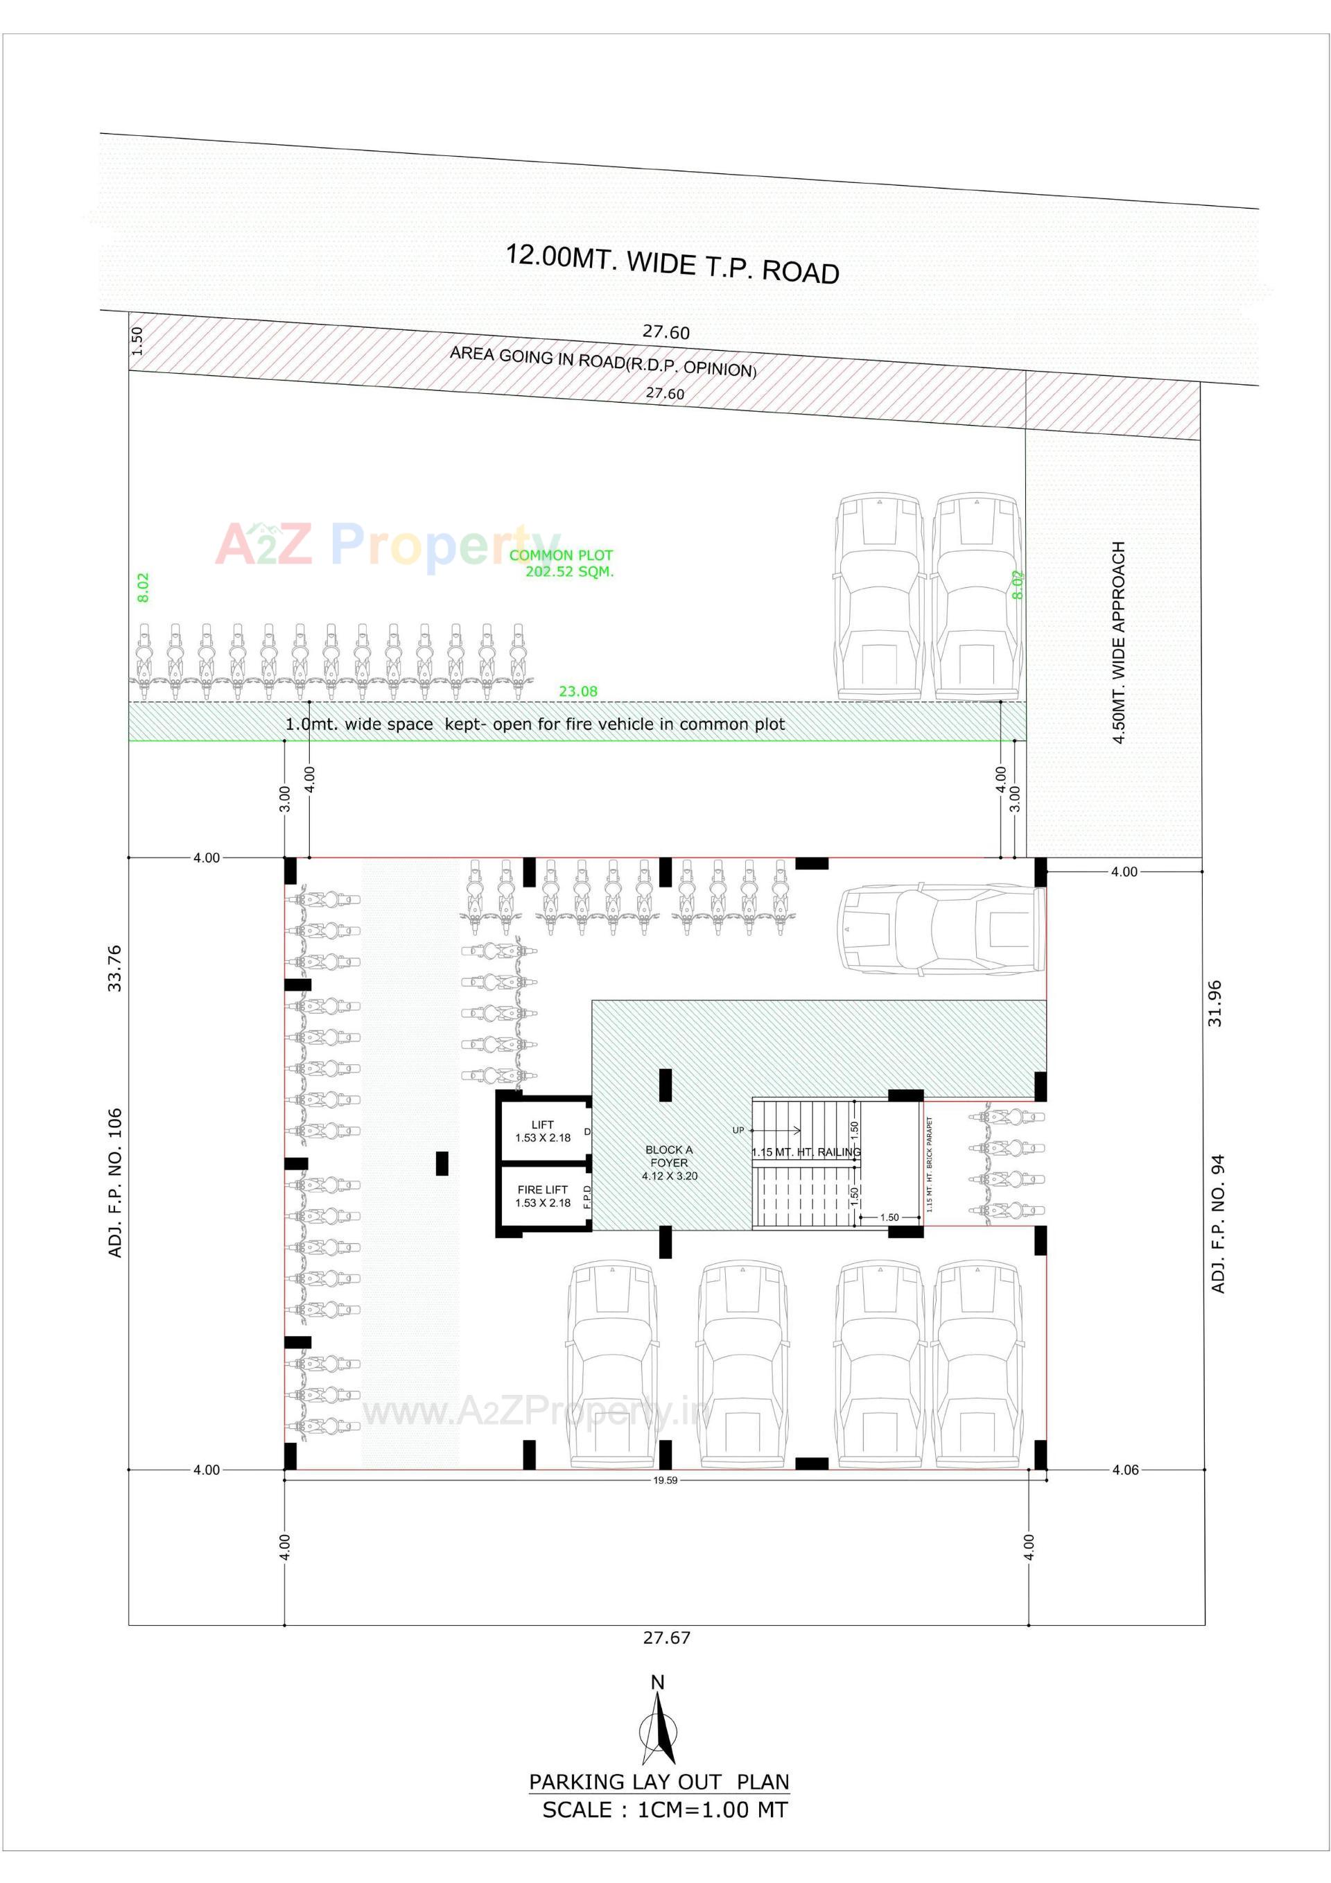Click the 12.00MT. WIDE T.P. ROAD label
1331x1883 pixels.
click(x=672, y=263)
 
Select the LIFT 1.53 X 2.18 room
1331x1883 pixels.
click(x=543, y=1131)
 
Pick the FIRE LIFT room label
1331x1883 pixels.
click(x=543, y=1196)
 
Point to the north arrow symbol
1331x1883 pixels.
click(x=658, y=1730)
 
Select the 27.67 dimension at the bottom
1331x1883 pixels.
click(x=666, y=1638)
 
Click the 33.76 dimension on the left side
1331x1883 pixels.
click(x=115, y=968)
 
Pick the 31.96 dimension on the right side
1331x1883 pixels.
click(x=1215, y=1003)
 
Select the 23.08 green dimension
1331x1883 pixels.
click(x=578, y=691)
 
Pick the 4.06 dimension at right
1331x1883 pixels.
click(x=1125, y=1470)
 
